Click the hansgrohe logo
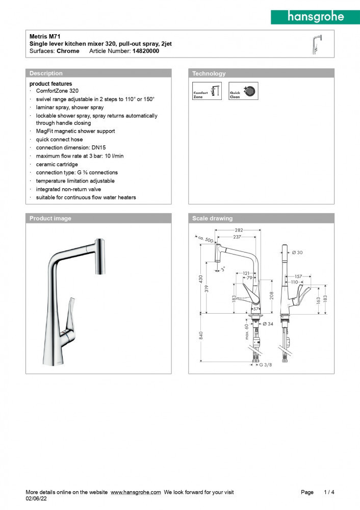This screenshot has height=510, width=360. click(x=316, y=16)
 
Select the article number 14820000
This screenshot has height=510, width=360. click(x=146, y=51)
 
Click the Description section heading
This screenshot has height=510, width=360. click(x=46, y=73)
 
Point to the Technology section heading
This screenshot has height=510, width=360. click(x=209, y=73)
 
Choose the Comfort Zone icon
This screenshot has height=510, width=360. click(x=207, y=91)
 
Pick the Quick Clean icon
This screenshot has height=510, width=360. click(x=244, y=91)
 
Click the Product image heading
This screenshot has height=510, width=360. click(x=50, y=218)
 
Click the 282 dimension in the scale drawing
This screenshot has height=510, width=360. click(x=239, y=231)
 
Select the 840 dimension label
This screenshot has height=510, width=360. click(x=201, y=336)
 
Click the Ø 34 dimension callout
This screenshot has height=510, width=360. click(x=268, y=324)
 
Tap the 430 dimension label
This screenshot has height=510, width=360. click(x=201, y=279)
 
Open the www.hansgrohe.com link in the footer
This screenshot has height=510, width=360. click(x=136, y=492)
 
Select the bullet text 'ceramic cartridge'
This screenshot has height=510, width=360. click(x=57, y=164)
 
